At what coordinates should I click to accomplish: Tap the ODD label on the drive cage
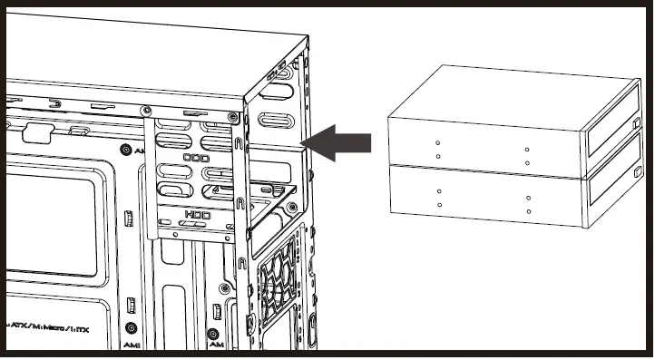(196, 158)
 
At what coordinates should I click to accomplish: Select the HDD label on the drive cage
(197, 215)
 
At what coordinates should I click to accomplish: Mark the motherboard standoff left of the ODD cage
(123, 151)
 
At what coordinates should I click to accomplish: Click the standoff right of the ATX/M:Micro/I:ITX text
(132, 326)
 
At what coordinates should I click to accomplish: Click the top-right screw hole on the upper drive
(527, 148)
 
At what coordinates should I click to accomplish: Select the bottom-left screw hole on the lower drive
(439, 205)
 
